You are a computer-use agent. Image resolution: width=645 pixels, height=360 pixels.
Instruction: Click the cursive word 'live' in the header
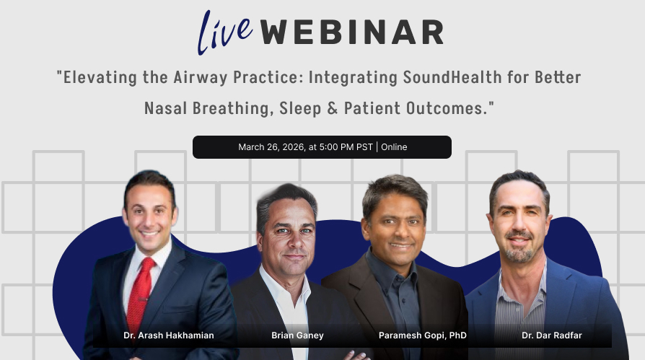coord(225,32)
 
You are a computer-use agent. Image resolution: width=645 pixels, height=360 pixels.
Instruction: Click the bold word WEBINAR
coord(351,32)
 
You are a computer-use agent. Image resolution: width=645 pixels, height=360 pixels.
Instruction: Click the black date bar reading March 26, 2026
coord(322,147)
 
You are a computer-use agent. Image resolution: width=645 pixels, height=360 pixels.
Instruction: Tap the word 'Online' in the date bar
coord(394,147)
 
